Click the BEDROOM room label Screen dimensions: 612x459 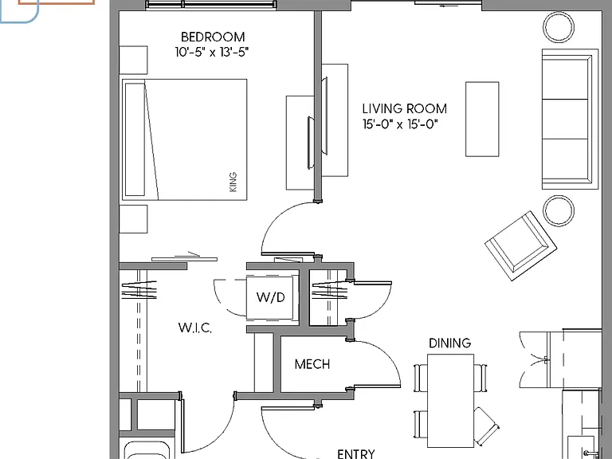(213, 37)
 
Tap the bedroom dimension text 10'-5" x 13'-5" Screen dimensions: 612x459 (212, 52)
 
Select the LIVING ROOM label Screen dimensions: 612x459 (404, 108)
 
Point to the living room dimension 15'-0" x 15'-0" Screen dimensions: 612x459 (401, 124)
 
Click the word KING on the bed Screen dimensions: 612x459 (233, 182)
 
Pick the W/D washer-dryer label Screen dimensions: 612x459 (270, 297)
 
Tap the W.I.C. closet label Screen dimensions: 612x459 (194, 328)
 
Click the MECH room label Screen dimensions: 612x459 (312, 364)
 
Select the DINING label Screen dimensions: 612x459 (449, 343)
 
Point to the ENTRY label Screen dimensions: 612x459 (356, 453)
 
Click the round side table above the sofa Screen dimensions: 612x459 (559, 27)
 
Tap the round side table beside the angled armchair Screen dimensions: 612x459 (559, 210)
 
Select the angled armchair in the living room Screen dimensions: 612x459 (520, 246)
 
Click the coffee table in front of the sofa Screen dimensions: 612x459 (482, 119)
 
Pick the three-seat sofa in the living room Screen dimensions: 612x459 (570, 119)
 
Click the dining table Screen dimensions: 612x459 (451, 401)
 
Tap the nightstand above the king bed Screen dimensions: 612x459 (133, 60)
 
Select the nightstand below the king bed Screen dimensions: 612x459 (133, 219)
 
